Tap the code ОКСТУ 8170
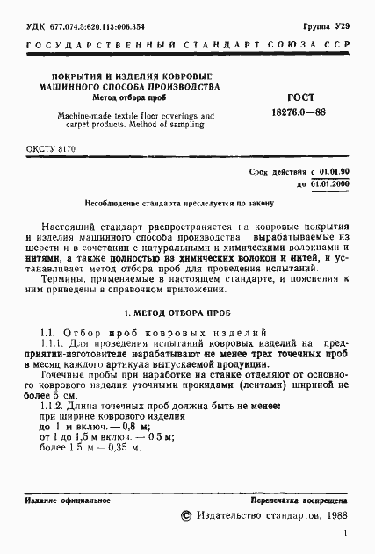point(52,150)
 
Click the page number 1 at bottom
point(346,534)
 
